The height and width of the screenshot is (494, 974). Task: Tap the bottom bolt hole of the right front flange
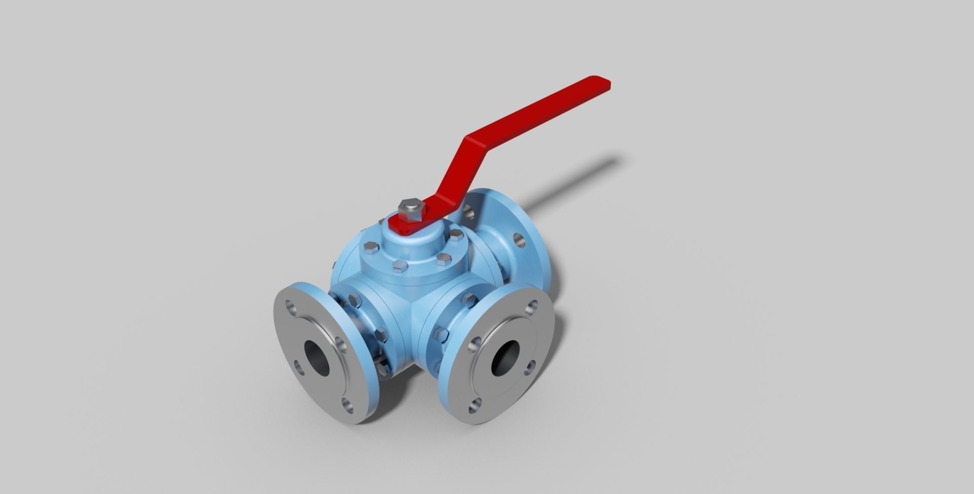coord(475,405)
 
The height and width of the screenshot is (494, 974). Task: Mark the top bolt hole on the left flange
coord(291,306)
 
